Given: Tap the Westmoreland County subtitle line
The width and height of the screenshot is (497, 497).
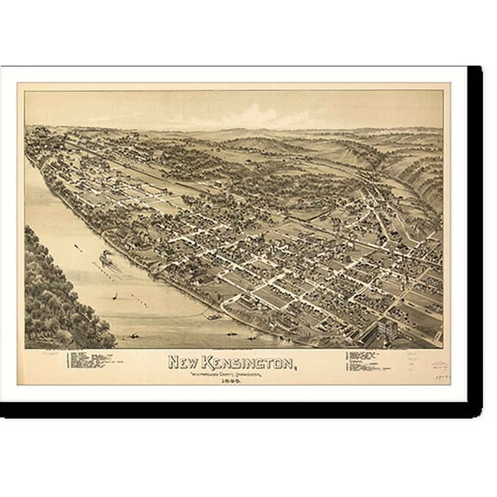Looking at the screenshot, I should [230, 372].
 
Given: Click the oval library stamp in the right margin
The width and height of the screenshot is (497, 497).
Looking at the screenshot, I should [439, 365].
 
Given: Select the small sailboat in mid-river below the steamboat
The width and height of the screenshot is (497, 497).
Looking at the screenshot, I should [115, 296].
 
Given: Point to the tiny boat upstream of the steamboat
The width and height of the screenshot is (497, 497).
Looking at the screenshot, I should [78, 248].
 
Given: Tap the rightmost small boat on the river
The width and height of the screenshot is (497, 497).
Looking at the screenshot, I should [230, 332].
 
